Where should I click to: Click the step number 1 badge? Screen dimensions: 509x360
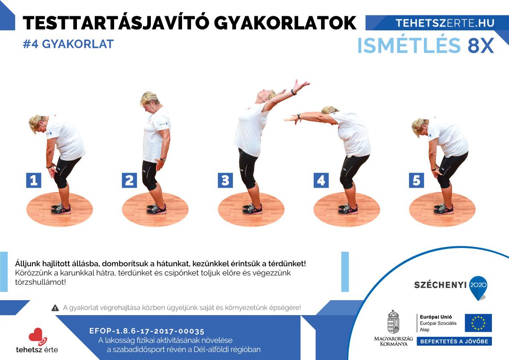pos(34,180)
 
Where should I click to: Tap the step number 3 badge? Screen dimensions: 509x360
pos(225,180)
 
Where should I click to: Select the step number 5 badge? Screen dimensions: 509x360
pos(417,180)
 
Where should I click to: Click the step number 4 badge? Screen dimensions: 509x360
pos(321,180)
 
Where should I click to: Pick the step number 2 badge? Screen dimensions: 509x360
pos(129,180)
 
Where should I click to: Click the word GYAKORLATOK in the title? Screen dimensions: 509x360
pos(285,23)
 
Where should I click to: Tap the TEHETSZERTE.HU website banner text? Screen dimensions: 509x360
pos(445,23)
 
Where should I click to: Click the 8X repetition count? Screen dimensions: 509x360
pos(481,45)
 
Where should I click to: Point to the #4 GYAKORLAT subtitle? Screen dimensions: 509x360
pos(68,44)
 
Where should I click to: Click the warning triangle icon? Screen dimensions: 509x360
pos(55,308)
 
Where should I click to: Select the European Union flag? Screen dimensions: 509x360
pos(478,323)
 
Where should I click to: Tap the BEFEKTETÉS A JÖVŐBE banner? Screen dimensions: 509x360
pos(454,341)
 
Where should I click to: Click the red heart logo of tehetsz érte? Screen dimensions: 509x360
pos(37,336)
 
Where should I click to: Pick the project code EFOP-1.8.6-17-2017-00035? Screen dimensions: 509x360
pos(147,331)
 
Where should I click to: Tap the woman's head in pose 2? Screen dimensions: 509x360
pos(149,102)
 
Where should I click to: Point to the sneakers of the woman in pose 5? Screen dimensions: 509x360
pos(444,209)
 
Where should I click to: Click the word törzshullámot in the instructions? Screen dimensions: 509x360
pos(40,282)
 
